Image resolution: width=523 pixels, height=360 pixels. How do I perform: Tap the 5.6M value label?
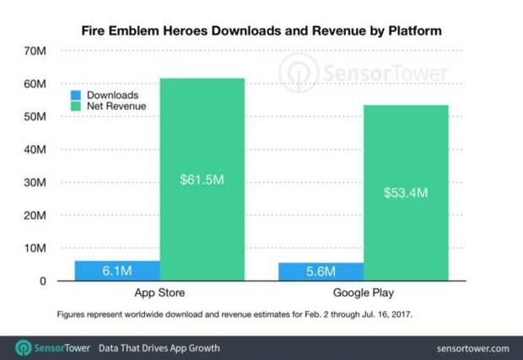click(321, 272)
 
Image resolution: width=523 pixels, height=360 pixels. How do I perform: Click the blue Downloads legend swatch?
click(75, 95)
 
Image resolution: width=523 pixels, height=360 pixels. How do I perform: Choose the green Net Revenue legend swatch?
click(75, 107)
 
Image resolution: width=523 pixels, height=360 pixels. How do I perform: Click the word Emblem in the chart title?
click(156, 30)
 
